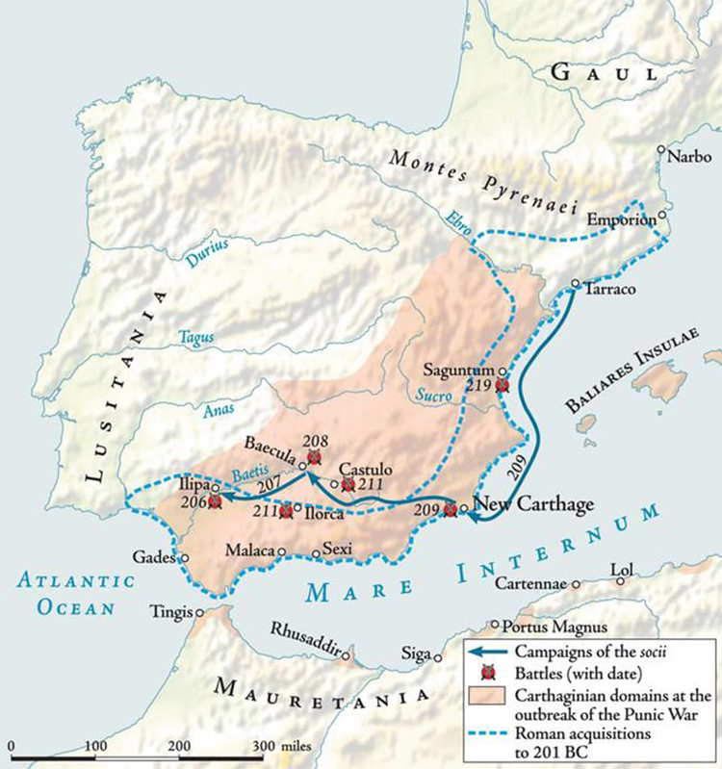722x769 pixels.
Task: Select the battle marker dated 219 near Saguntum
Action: click(501, 385)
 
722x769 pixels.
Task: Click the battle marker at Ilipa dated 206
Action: click(215, 501)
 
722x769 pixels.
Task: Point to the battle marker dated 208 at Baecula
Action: click(313, 456)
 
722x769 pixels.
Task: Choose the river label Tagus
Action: click(195, 337)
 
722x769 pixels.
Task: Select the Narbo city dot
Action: click(661, 149)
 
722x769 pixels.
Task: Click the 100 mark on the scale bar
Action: click(95, 746)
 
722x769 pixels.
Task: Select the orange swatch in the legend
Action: click(490, 693)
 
